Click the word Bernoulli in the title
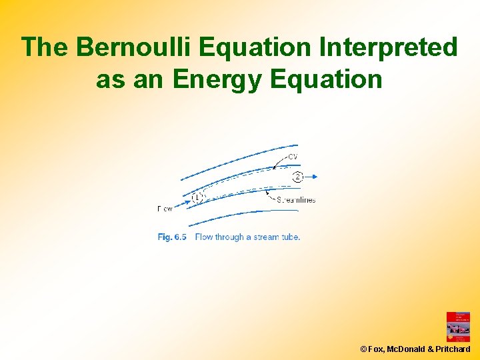point(133,48)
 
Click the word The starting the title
point(45,48)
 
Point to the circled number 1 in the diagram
point(197,197)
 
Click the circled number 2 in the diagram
point(297,177)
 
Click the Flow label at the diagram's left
point(165,209)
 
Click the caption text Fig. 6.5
point(172,237)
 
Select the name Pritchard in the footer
point(453,349)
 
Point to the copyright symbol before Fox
point(363,349)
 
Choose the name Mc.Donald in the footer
point(407,349)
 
